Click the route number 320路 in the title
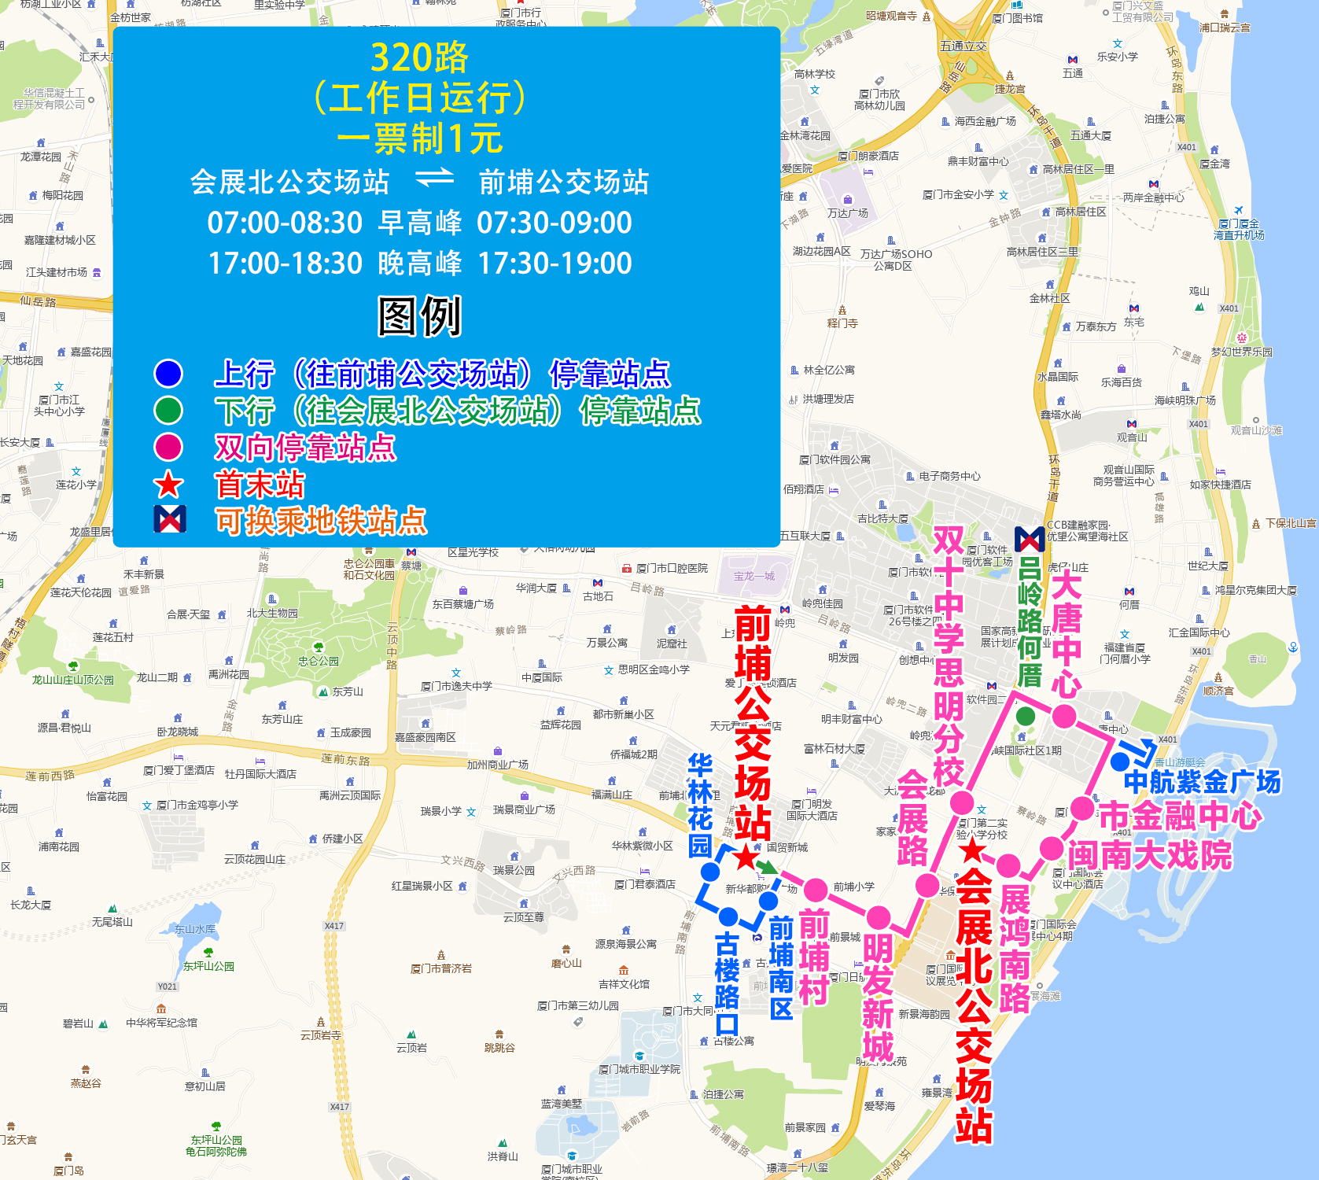(x=419, y=57)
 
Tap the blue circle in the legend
(x=168, y=373)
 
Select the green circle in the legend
(x=168, y=410)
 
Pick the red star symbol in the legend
(x=168, y=485)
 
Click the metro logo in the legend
(x=170, y=519)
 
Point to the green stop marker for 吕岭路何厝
(x=1026, y=716)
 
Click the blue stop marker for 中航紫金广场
(x=1120, y=761)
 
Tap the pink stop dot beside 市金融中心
(x=1082, y=808)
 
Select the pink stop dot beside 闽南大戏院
(x=1052, y=849)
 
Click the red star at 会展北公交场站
(x=973, y=850)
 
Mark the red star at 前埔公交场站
(x=745, y=857)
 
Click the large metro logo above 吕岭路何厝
(x=1030, y=539)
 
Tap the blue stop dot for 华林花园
(x=710, y=872)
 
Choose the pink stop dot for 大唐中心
(x=1064, y=716)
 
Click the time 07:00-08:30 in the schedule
(x=285, y=223)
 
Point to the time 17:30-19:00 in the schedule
(x=554, y=263)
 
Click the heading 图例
(x=419, y=316)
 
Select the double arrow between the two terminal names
(x=435, y=179)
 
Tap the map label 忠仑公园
(x=319, y=661)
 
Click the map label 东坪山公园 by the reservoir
(x=208, y=966)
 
